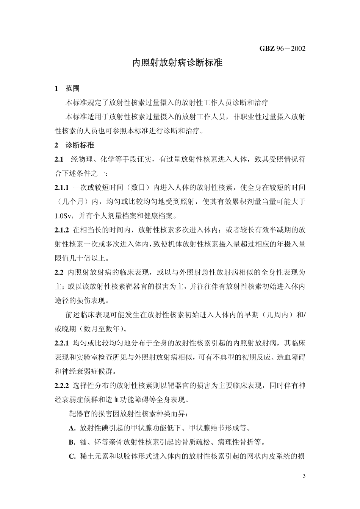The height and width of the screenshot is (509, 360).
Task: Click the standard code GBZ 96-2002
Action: [x=282, y=48]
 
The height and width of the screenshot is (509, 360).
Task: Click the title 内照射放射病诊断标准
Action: [x=177, y=63]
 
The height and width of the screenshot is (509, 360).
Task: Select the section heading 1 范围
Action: [x=67, y=89]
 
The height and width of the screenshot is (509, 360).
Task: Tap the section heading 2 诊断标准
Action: [x=75, y=145]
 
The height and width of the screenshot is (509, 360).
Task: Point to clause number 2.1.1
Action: [x=61, y=187]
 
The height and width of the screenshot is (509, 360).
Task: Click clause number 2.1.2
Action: [x=61, y=230]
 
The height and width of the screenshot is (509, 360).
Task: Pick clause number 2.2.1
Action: [x=61, y=343]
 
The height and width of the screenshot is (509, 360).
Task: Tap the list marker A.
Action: [x=72, y=428]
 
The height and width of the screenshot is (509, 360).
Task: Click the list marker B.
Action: [x=72, y=442]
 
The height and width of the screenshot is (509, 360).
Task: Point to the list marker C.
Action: [x=72, y=456]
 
